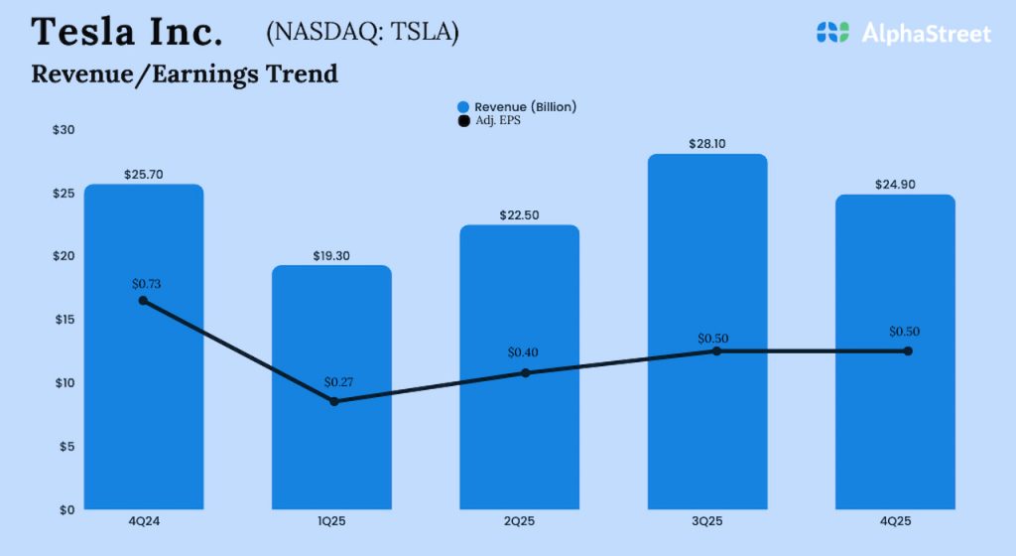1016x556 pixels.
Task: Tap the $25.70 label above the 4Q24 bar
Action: click(144, 175)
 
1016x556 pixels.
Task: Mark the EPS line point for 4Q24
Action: click(144, 300)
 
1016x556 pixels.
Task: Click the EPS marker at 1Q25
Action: click(334, 401)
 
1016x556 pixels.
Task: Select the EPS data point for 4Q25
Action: click(907, 350)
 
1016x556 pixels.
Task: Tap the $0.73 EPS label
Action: click(146, 284)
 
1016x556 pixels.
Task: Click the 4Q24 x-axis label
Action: click(144, 521)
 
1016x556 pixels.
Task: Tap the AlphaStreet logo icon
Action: click(832, 33)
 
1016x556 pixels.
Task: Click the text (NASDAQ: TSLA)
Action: click(362, 33)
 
